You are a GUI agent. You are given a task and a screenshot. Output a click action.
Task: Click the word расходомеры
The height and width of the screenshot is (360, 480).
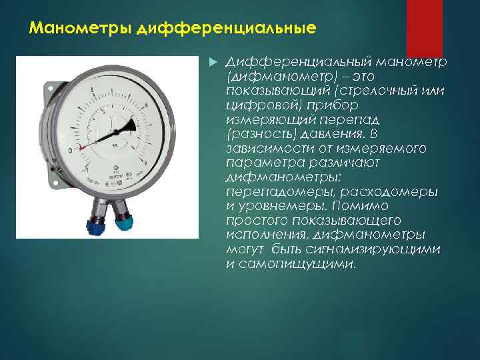coord(393,192)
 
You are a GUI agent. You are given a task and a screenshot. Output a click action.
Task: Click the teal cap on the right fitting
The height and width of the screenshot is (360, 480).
coord(124,222)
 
